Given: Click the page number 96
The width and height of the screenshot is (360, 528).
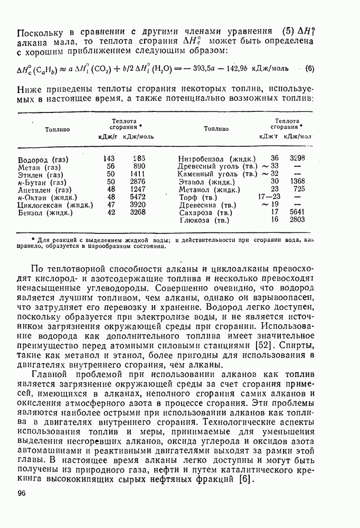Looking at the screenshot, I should click(22, 493).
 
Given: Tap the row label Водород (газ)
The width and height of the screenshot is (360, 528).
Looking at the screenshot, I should click(43, 159).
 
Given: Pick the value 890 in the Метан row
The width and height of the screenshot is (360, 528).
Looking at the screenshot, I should click(139, 166).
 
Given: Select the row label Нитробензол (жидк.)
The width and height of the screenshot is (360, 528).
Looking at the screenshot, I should click(217, 158).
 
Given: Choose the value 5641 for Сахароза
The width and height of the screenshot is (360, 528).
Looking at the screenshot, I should click(297, 212).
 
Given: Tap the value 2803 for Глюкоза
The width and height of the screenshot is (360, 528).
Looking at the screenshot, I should click(297, 220).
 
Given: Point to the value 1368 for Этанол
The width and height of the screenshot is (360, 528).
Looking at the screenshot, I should click(297, 181).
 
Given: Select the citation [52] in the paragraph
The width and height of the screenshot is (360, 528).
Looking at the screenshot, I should click(264, 345).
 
